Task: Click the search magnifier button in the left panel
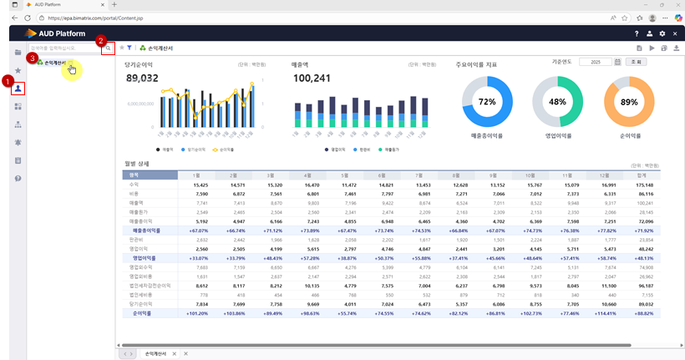coord(107,48)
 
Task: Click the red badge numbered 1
coord(8,81)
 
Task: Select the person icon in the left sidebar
coord(18,88)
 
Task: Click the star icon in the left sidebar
coord(18,70)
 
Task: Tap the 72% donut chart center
coord(486,101)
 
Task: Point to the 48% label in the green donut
coord(557,101)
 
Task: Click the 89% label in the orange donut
coord(628,101)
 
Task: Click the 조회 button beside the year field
coord(637,62)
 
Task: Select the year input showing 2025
coord(595,62)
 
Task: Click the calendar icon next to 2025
coord(617,62)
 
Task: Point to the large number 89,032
coord(142,78)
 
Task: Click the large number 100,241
coord(312,78)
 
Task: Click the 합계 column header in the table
coord(641,175)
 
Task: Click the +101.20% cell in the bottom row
coord(196,313)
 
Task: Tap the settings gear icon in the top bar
coord(662,33)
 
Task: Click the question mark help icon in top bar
coord(637,33)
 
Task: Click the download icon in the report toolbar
coord(676,48)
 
